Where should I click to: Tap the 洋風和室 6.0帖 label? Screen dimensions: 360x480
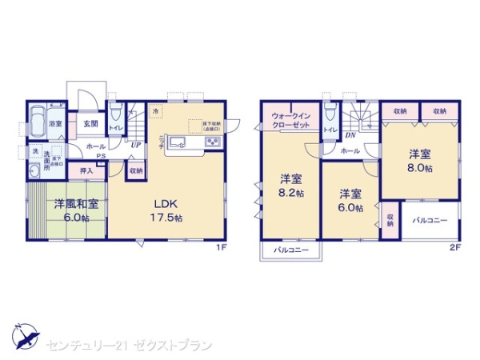pos(77,210)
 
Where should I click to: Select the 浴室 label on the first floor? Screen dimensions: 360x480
pos(55,124)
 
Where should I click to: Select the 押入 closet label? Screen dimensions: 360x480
pos(86,170)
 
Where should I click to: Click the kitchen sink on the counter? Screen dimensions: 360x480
pos(178,142)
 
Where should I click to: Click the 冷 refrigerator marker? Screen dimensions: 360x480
pos(157,110)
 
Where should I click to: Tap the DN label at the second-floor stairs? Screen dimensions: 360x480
pos(350,135)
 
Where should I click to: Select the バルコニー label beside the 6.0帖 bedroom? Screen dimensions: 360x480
pos(430,218)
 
